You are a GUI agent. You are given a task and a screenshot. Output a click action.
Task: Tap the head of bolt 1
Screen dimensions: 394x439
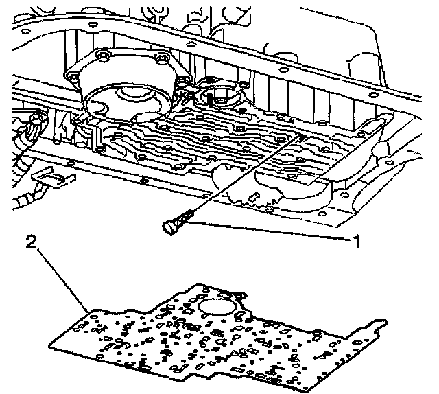169,227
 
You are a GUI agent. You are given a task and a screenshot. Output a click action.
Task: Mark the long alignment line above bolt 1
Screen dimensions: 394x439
247,174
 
